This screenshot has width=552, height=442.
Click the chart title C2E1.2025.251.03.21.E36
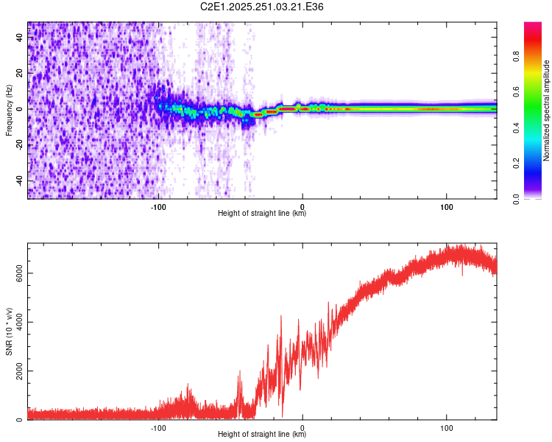click(x=262, y=7)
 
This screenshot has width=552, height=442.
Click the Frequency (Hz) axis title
click(x=9, y=110)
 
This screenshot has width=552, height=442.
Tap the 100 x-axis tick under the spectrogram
click(x=447, y=207)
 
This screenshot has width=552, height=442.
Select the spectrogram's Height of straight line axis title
click(x=262, y=214)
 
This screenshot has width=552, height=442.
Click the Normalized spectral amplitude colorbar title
click(x=546, y=110)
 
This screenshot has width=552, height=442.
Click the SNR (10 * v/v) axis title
click(x=9, y=331)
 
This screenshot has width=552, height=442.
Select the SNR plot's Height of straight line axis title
click(x=262, y=435)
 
